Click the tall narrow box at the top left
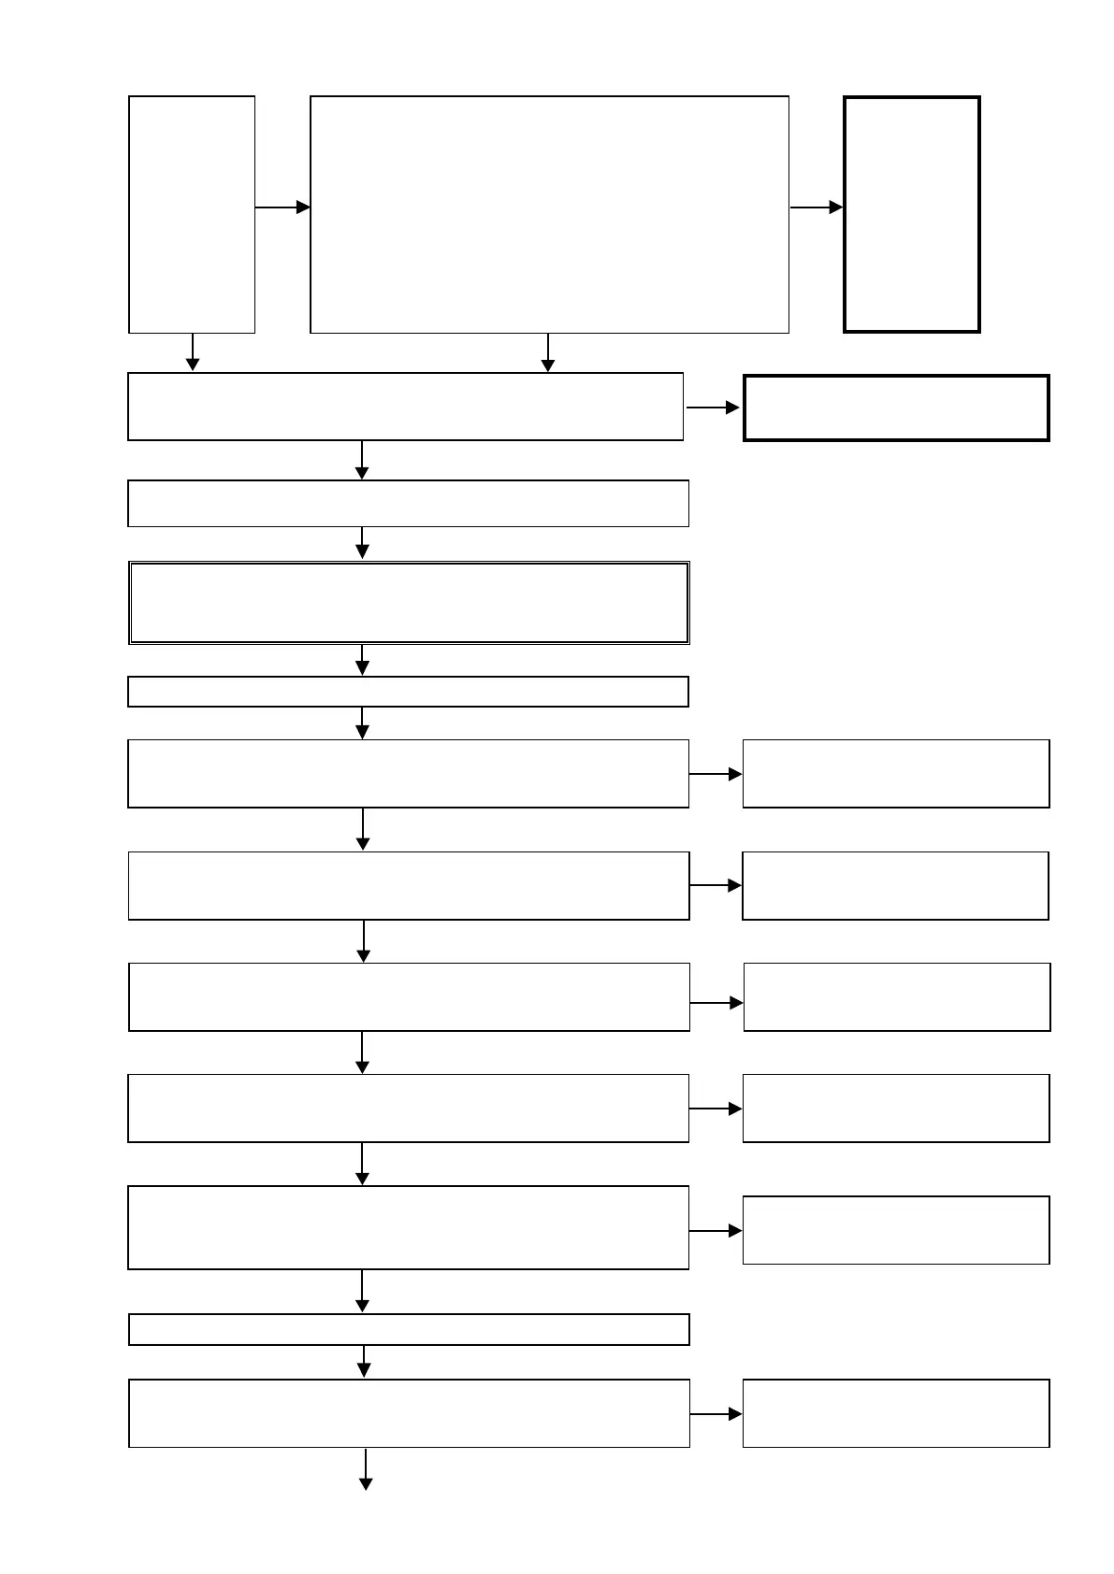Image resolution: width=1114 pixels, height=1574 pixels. click(192, 214)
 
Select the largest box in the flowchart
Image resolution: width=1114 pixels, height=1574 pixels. click(549, 214)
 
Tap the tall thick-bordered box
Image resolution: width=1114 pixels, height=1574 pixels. click(911, 214)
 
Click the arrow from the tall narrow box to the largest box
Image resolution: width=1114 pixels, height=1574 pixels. click(282, 207)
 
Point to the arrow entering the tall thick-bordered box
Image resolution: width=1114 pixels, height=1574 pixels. click(817, 207)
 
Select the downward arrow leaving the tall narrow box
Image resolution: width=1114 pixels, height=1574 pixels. click(193, 352)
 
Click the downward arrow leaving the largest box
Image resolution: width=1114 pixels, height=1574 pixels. click(548, 352)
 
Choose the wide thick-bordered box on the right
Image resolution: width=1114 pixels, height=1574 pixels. click(896, 408)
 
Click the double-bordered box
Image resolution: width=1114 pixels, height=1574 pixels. click(409, 603)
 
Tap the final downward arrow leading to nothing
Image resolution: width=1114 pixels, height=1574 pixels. click(366, 1469)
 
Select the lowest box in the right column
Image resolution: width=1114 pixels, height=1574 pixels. click(896, 1413)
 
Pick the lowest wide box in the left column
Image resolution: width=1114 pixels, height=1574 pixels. click(409, 1413)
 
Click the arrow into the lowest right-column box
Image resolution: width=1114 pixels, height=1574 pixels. click(716, 1415)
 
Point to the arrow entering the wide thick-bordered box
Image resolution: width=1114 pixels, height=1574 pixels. click(713, 408)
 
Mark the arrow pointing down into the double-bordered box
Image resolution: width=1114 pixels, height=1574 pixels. click(362, 543)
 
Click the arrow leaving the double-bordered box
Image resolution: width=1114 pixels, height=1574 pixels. click(362, 660)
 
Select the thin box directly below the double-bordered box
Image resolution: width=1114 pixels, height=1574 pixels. click(409, 692)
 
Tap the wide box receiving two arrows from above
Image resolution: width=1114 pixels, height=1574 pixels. click(405, 407)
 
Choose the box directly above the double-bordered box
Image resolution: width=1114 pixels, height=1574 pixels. click(409, 504)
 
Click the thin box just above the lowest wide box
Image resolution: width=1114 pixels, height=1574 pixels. click(409, 1329)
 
